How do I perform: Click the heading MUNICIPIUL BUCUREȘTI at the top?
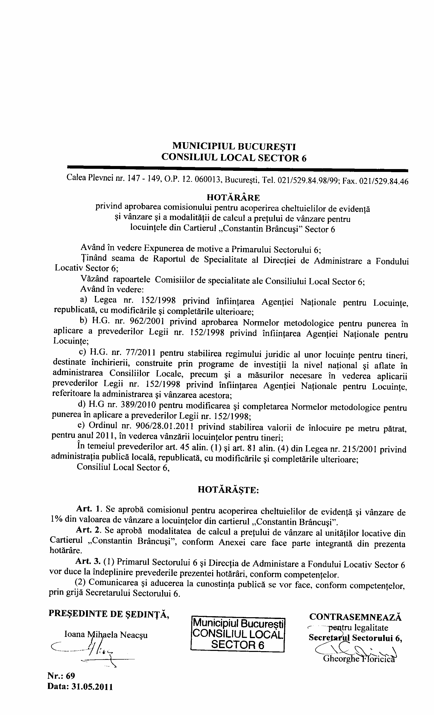point(234,146)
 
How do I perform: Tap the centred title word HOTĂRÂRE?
point(233,198)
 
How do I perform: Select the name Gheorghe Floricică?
point(359,659)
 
